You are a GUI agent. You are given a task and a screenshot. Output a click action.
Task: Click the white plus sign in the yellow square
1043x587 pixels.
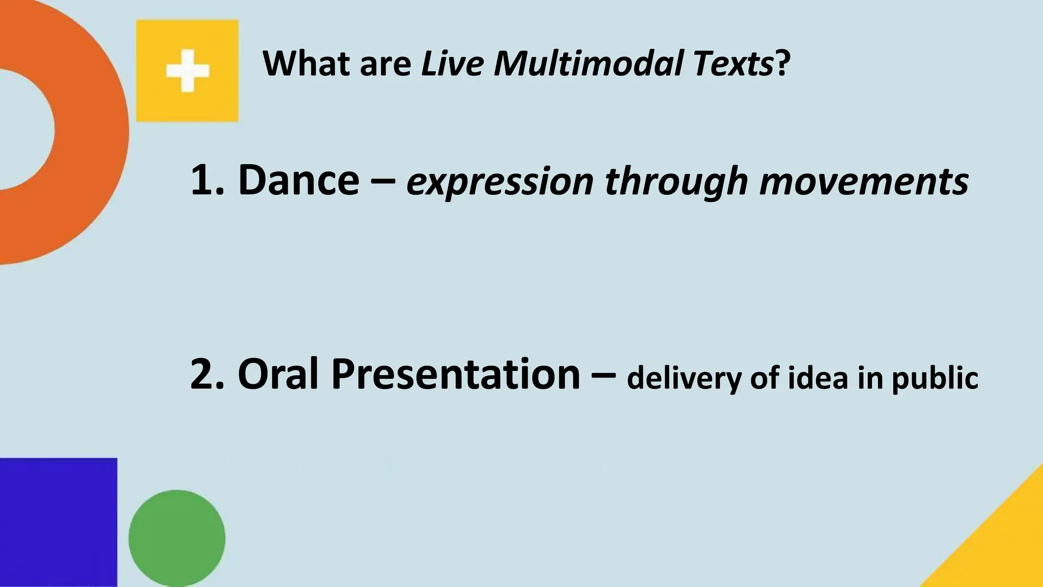tap(187, 71)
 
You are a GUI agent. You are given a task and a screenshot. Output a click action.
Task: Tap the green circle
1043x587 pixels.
tap(177, 538)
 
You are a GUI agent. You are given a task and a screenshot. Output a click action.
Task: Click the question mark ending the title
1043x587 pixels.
tap(783, 64)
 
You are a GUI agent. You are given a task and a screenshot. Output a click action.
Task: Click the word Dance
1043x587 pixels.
tap(298, 180)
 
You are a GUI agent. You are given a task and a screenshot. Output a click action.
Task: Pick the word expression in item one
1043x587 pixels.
tap(500, 182)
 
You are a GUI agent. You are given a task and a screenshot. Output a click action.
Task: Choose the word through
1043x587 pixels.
tap(676, 182)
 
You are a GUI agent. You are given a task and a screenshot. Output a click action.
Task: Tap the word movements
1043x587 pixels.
tap(863, 182)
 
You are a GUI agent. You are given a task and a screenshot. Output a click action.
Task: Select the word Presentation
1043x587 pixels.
tap(456, 375)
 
